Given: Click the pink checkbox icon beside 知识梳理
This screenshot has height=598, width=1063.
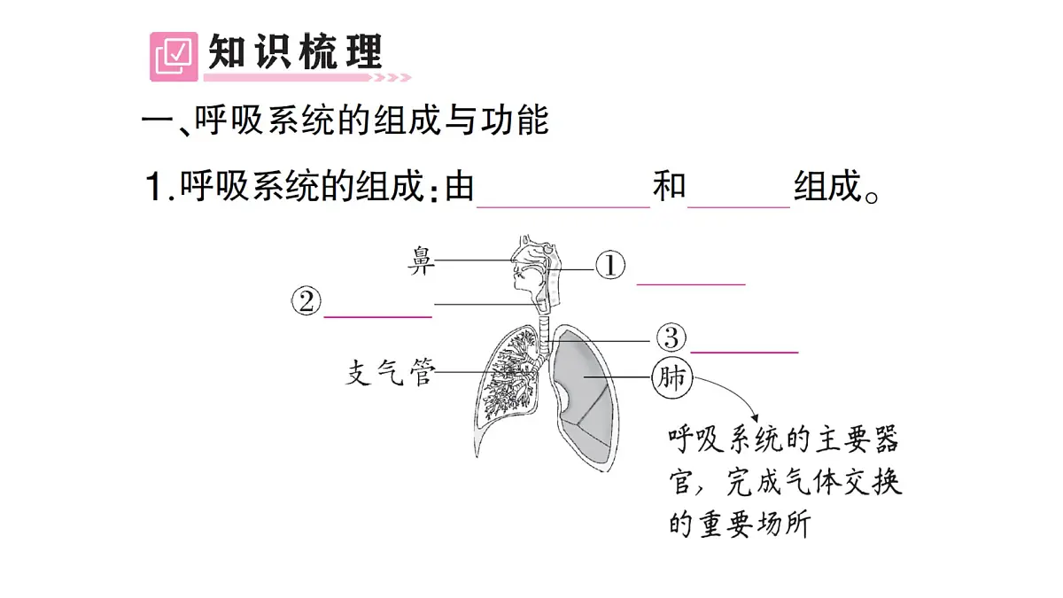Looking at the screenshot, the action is (174, 57).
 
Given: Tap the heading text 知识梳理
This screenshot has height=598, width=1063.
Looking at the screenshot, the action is (295, 51).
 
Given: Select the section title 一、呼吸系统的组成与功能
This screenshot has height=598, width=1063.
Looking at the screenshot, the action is (345, 120).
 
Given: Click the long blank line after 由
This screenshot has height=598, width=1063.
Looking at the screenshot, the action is (563, 207).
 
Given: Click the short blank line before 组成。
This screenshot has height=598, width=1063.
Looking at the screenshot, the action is (739, 207).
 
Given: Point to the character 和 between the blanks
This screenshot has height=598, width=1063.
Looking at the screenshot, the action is (669, 185).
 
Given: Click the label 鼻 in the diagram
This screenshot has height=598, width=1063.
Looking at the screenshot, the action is (421, 260).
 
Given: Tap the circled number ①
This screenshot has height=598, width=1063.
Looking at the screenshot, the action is (610, 265).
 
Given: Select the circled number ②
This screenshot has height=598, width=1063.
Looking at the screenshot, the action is (306, 301).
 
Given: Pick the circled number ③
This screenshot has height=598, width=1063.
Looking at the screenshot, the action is (671, 338).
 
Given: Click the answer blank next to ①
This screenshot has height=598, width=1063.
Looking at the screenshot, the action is (691, 284).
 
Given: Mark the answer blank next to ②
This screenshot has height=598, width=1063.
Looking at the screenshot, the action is (377, 316).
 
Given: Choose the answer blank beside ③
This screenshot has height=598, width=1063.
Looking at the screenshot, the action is (744, 353).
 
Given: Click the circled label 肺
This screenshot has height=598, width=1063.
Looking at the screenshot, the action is (672, 377).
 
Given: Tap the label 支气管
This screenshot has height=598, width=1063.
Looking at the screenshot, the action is (390, 373).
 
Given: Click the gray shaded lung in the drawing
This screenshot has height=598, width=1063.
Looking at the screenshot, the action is (584, 398).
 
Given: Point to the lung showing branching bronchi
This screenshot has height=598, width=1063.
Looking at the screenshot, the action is (508, 389).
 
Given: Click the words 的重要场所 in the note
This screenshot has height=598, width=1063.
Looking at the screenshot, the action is (740, 523).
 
